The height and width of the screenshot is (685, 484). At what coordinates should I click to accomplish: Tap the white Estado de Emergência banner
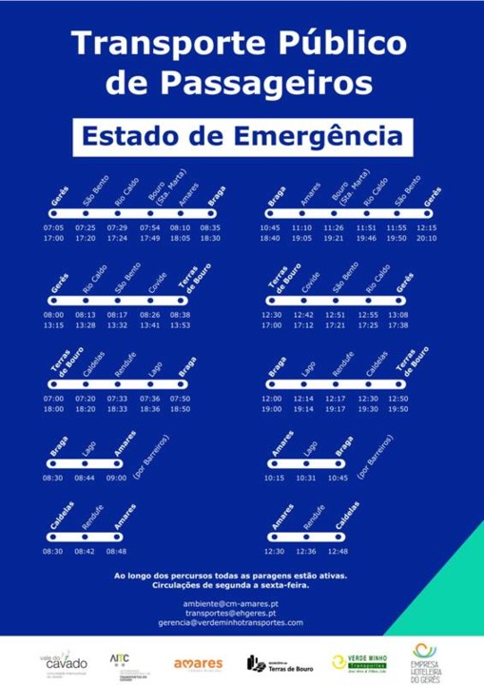click(242, 136)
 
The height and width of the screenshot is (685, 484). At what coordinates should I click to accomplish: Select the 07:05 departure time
click(53, 228)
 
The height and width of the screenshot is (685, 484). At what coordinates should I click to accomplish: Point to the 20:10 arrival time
click(427, 238)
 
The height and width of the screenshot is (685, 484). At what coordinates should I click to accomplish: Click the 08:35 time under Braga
click(210, 228)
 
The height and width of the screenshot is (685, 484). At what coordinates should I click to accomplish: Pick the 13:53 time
click(180, 325)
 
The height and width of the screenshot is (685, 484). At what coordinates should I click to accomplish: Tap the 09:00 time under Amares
click(116, 478)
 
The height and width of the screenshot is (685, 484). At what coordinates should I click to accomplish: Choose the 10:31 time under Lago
click(306, 478)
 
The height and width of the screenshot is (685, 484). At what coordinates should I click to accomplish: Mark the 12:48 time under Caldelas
click(338, 551)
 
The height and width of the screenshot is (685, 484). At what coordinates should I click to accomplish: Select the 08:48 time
click(116, 551)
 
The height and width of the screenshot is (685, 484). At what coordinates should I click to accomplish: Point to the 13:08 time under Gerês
click(398, 315)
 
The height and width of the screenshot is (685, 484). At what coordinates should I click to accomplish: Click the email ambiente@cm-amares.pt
click(230, 603)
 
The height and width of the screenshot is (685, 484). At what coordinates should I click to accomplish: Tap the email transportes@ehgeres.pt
click(230, 613)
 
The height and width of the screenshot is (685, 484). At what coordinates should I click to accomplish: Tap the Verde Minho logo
click(357, 661)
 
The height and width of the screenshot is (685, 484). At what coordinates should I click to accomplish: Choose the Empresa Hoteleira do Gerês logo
click(430, 660)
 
